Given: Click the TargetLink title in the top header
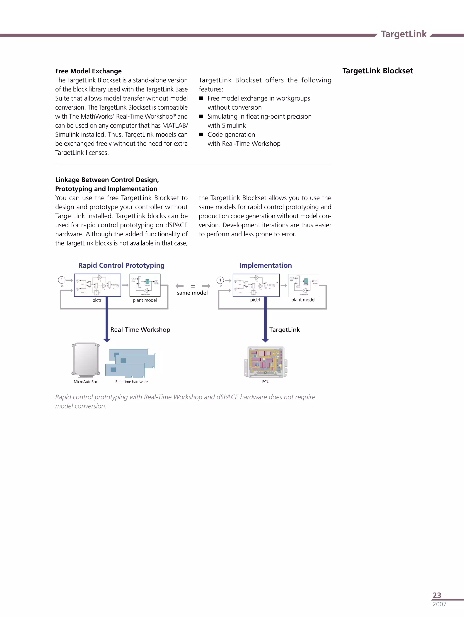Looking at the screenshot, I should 404,34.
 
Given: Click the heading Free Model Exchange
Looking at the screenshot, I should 88,71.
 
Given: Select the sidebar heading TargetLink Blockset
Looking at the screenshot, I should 377,71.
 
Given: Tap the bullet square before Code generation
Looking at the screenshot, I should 201,134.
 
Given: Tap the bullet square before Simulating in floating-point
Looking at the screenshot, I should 201,116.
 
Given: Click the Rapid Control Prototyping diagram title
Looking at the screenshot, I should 121,265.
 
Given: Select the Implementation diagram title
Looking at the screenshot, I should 265,265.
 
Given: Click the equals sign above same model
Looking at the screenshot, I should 193,286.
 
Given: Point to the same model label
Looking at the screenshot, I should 192,293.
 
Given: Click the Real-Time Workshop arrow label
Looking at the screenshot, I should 140,329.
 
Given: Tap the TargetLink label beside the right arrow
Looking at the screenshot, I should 284,330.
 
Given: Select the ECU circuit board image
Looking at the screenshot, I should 266,362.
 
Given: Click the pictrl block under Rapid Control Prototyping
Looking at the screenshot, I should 97,285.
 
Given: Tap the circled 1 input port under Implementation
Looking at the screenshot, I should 220,280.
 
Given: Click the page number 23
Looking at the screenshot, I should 437,595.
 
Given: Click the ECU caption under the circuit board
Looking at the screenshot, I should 266,382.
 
